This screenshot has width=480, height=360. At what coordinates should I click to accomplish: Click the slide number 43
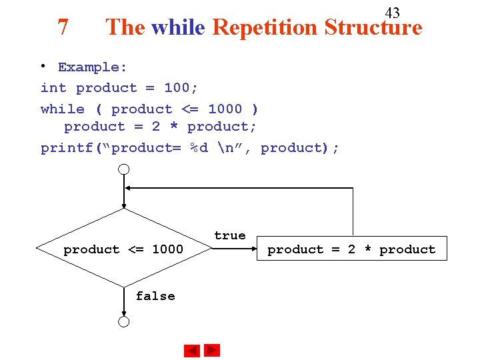point(393,13)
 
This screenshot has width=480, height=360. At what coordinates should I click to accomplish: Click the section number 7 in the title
point(63,27)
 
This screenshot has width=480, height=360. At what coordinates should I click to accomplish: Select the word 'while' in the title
point(179,27)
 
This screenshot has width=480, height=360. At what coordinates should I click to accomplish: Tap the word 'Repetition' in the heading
point(265,27)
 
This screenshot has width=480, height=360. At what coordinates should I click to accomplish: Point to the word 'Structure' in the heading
point(373,27)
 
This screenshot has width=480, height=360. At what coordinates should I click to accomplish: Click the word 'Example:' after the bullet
point(93,67)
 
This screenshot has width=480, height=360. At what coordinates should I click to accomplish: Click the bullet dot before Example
point(43,65)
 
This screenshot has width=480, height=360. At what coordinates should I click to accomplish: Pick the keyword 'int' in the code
point(53,88)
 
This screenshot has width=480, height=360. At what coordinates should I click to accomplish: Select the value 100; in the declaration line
point(181,88)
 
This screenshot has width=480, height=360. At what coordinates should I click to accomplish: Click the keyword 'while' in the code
point(63,109)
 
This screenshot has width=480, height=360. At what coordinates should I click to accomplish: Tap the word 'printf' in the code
point(67,148)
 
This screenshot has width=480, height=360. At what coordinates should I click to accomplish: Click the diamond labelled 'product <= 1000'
point(124,249)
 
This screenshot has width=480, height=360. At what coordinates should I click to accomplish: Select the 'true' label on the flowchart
point(230,235)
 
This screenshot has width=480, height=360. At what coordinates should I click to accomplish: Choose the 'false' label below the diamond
point(155,296)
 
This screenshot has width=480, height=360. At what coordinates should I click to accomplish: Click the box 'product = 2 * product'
point(351,249)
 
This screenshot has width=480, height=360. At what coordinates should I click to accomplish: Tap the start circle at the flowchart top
point(124,169)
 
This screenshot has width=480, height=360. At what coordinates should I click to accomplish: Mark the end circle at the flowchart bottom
point(124,322)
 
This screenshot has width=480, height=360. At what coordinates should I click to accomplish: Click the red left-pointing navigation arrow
point(192,351)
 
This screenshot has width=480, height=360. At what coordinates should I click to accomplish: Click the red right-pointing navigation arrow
point(212,350)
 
